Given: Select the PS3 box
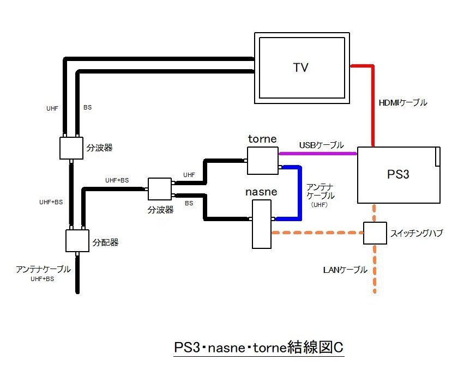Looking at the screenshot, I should pos(398,175).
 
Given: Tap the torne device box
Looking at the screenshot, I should pos(262,161).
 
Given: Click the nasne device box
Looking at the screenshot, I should pos(261,223).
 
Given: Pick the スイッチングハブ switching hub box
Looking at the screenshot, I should pos(375,233).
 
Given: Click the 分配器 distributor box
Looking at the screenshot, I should pos(77,241).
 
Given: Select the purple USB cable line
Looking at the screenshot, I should pos(316,154).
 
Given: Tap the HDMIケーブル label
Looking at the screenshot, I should pos(402,102).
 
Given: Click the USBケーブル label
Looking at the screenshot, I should pos(321,145).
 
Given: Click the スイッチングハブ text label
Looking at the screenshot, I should pos(417,233).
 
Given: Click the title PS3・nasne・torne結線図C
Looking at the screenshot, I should pos(259,348).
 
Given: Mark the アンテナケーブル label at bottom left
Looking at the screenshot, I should pos(43,269).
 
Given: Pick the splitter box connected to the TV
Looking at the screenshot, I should pos(71,148).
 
